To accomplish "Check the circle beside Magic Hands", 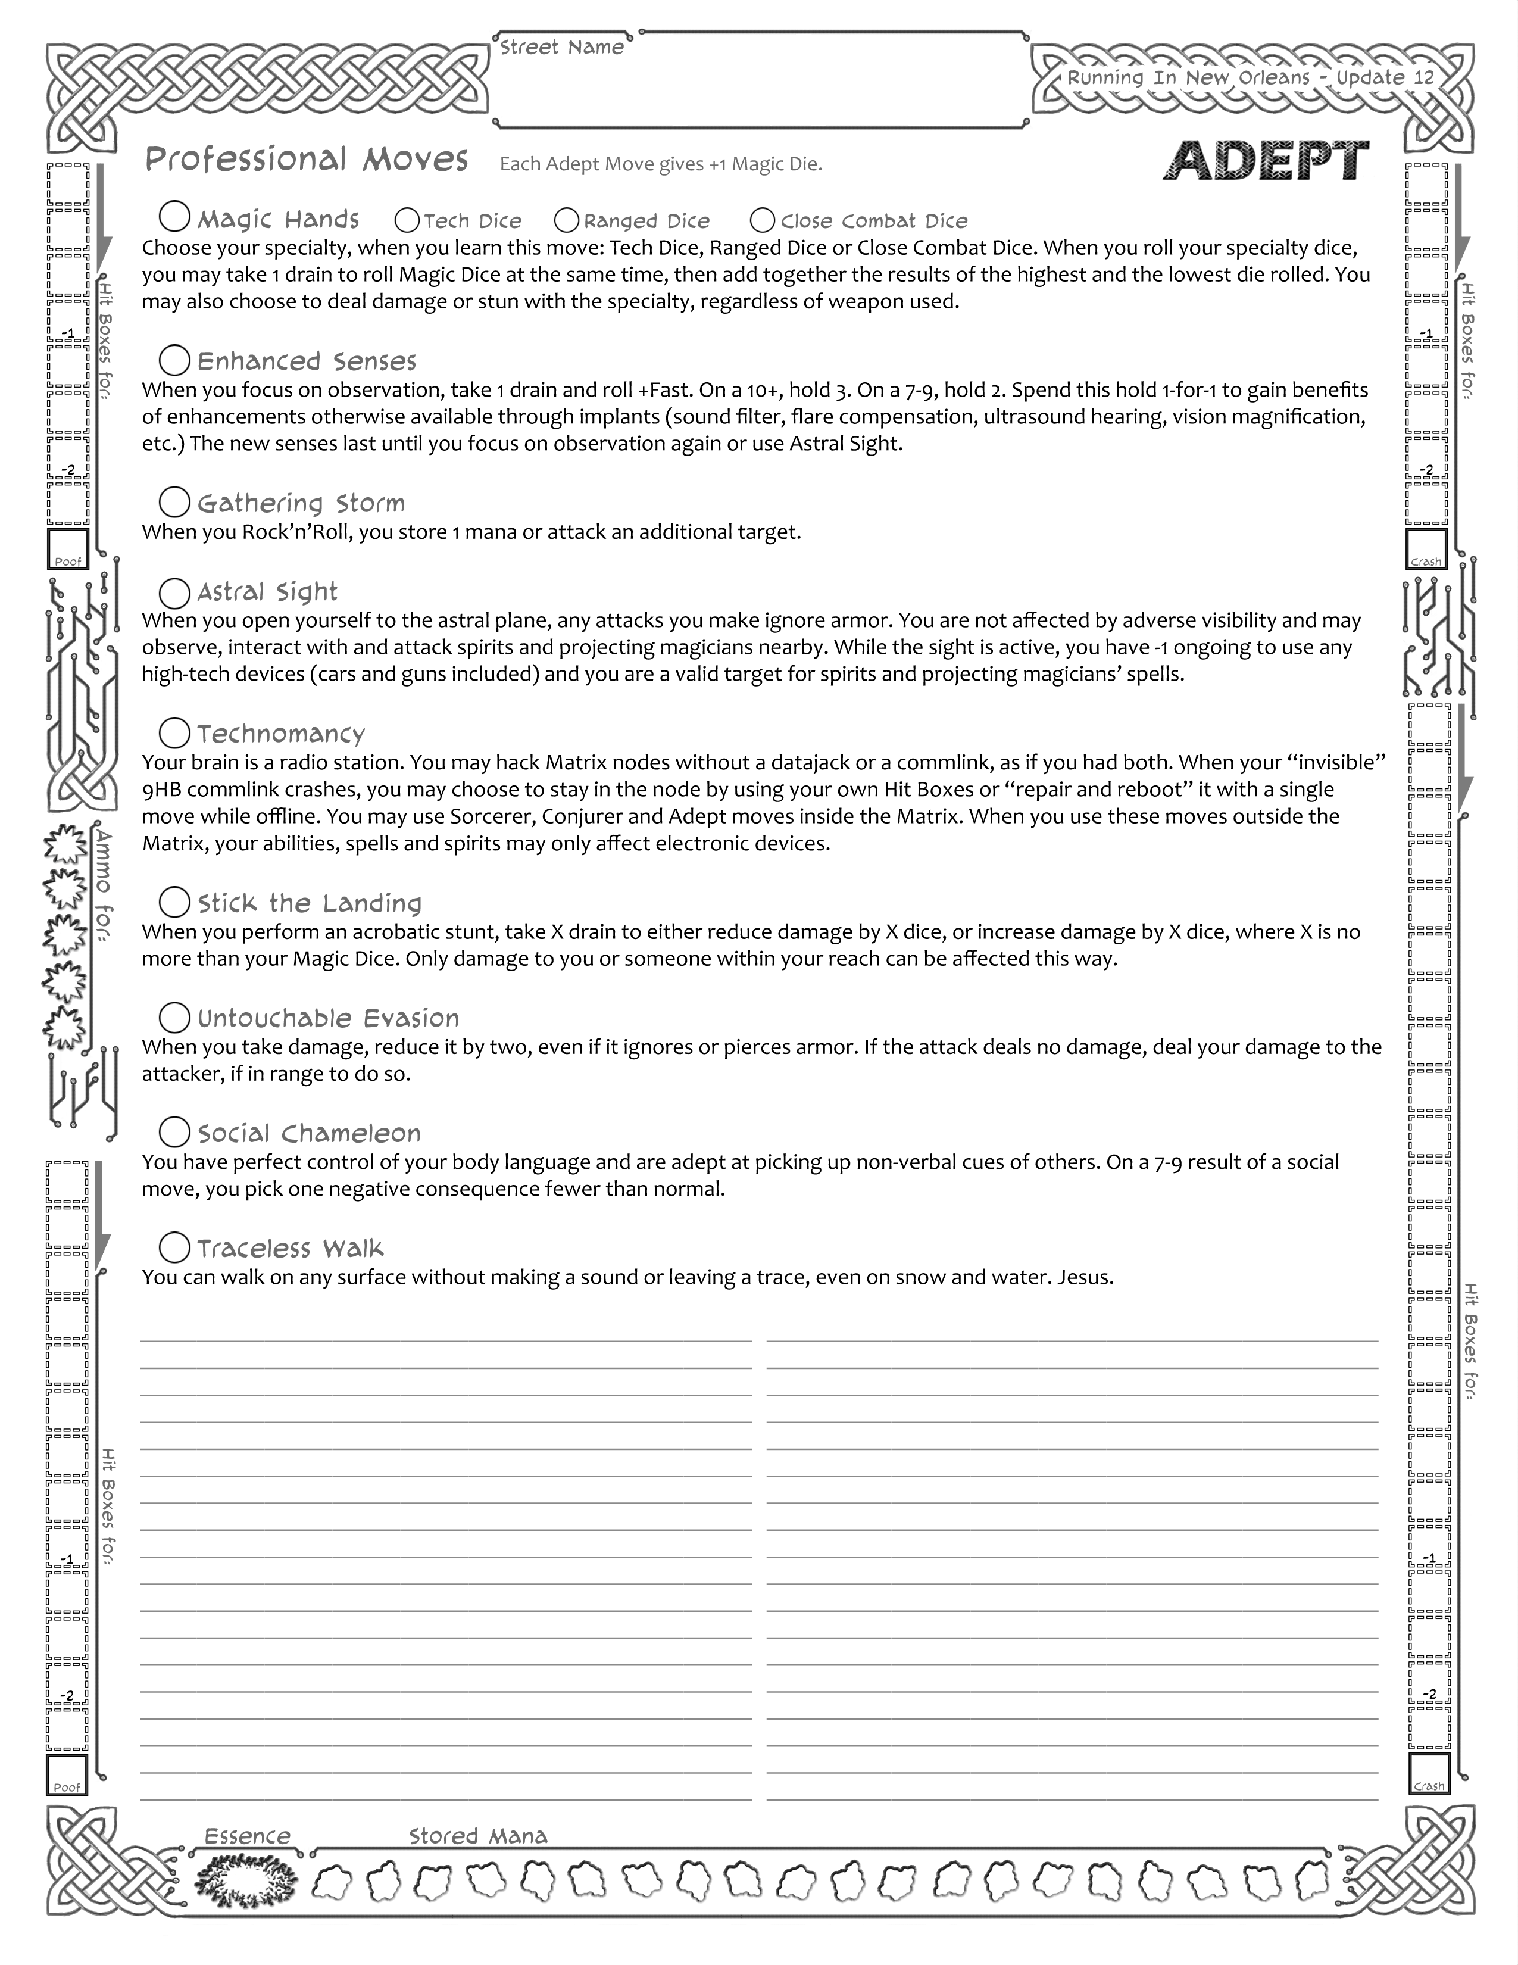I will pyautogui.click(x=174, y=217).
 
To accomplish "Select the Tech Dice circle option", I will pyautogui.click(x=407, y=220).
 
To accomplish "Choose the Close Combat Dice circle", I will pyautogui.click(x=763, y=220).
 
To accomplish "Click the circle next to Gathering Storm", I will pyautogui.click(x=174, y=502).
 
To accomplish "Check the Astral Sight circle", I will pyautogui.click(x=174, y=591).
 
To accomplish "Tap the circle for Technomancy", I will pyautogui.click(x=174, y=732).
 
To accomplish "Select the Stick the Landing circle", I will pyautogui.click(x=174, y=902).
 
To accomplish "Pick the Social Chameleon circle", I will pyautogui.click(x=174, y=1132).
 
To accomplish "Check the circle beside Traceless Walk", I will pyautogui.click(x=174, y=1247).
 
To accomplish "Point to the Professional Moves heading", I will pyautogui.click(x=307, y=160).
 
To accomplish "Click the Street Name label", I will pyautogui.click(x=562, y=48).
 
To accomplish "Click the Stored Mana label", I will pyautogui.click(x=477, y=1835).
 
